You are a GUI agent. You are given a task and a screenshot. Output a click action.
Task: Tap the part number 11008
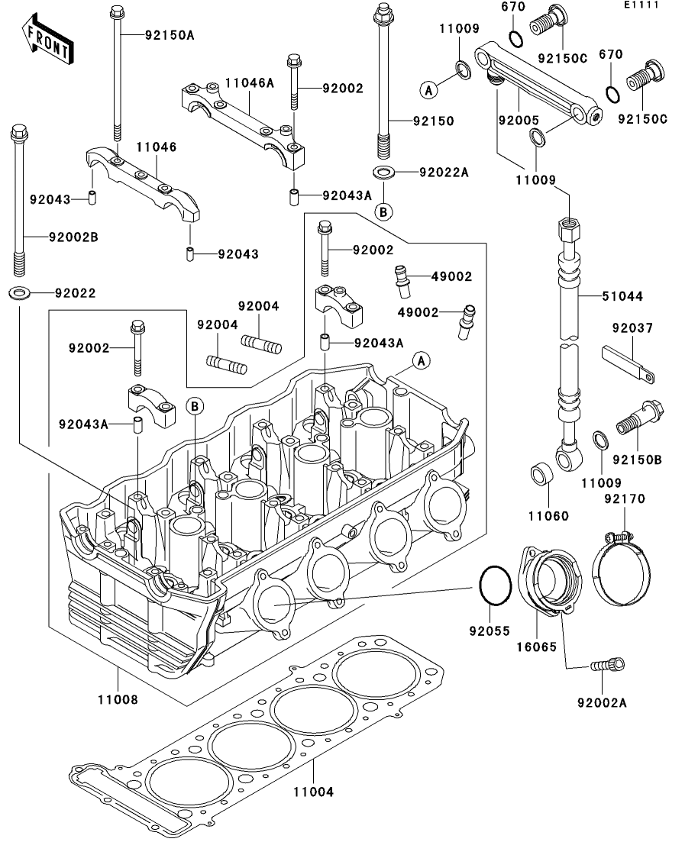[118, 700]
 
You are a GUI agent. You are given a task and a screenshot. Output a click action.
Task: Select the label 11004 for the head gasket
[313, 792]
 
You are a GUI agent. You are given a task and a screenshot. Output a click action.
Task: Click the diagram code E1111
[641, 5]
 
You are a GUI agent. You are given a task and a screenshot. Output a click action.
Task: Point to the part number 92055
[490, 631]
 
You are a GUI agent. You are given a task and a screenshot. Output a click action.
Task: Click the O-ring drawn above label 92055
[495, 586]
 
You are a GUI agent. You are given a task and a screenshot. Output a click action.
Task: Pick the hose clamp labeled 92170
[621, 566]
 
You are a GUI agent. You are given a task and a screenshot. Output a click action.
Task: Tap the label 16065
[537, 647]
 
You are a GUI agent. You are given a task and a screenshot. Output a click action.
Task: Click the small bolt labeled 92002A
[608, 665]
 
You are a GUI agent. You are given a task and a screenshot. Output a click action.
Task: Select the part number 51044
[622, 296]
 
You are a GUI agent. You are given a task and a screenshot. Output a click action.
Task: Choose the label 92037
[632, 328]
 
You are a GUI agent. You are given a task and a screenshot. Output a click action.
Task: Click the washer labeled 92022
[20, 293]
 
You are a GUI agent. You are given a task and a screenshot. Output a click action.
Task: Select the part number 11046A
[249, 83]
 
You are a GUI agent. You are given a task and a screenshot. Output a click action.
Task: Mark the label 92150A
[170, 35]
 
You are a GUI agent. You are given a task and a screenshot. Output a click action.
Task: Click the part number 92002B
[73, 237]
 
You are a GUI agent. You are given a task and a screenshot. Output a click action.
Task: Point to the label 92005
[519, 121]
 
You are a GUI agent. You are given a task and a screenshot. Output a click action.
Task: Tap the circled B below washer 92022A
[383, 212]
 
